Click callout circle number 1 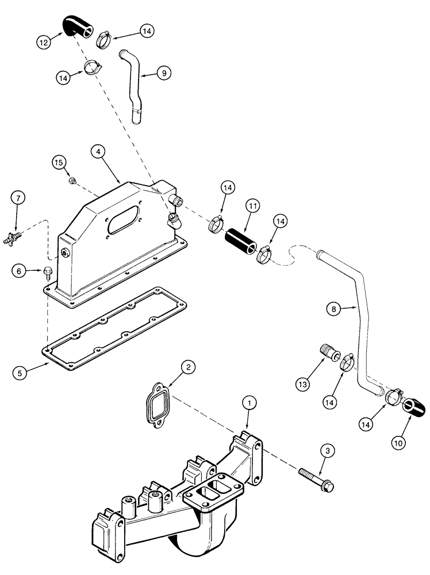pos(248,404)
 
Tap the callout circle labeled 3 pos(327,451)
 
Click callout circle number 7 pos(17,198)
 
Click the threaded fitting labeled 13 pos(328,350)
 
